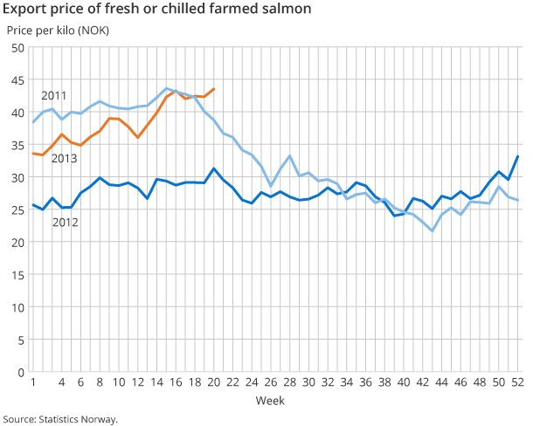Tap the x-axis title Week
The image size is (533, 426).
[x=268, y=401]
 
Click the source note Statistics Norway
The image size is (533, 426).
[x=60, y=419]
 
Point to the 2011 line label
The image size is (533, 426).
[x=54, y=95]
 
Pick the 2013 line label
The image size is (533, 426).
[x=64, y=158]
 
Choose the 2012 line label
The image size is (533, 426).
[x=65, y=223]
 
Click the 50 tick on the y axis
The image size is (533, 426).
[x=17, y=48]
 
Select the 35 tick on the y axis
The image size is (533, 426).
[x=17, y=145]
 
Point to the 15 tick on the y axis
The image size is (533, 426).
[x=17, y=275]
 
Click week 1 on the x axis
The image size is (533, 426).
[x=33, y=382]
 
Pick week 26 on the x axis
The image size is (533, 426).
[x=271, y=382]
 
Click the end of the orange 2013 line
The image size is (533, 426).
[x=214, y=89]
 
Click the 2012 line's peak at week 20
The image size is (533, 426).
[x=214, y=169]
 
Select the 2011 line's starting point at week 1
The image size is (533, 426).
[x=33, y=122]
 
